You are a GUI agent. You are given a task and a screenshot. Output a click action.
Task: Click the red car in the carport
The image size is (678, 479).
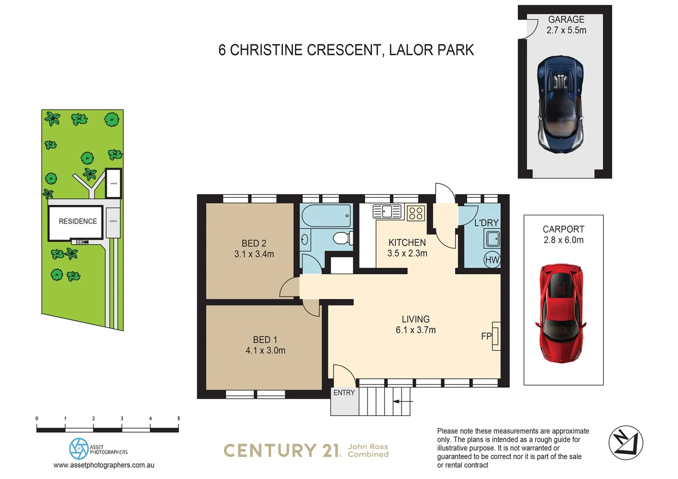561,313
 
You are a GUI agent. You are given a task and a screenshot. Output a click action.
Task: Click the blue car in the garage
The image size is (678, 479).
560,105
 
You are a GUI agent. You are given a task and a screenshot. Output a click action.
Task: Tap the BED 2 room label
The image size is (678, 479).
254,243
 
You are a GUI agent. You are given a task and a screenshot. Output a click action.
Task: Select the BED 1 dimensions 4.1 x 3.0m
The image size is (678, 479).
265,350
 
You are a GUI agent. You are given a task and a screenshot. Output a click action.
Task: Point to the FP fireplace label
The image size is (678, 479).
486,336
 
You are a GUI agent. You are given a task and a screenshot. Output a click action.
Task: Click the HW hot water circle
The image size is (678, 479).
492,260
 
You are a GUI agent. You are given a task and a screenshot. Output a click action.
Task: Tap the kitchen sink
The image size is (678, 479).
387,212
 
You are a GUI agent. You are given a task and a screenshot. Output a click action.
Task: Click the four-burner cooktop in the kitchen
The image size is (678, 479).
416,213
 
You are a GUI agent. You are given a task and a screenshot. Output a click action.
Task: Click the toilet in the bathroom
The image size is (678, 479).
342,238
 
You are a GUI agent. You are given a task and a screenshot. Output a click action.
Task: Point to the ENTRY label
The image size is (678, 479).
344,393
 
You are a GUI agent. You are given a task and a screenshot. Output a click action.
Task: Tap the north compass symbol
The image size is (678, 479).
626,443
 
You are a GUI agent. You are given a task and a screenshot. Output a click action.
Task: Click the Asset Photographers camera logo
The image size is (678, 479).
79,448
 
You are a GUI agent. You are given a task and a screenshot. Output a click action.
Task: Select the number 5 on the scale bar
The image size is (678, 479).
178,418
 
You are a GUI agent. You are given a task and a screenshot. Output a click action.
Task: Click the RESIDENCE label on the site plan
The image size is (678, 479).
78,221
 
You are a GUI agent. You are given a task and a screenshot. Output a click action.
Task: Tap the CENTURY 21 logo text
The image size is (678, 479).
282,451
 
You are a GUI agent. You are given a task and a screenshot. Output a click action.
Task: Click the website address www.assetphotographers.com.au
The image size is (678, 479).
104,465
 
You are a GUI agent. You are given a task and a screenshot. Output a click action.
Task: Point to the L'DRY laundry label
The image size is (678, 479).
486,223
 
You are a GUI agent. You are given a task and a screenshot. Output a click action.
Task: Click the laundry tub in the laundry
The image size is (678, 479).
493,239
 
